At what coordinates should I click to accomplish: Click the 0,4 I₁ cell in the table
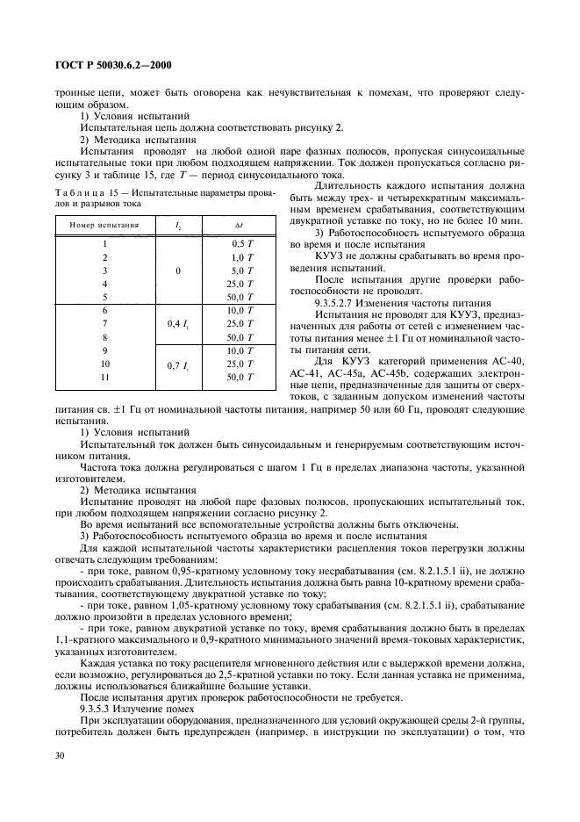(178, 323)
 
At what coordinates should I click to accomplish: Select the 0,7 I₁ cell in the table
(178, 364)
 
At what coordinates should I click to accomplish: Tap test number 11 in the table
(104, 377)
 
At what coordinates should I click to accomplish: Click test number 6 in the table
(104, 310)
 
